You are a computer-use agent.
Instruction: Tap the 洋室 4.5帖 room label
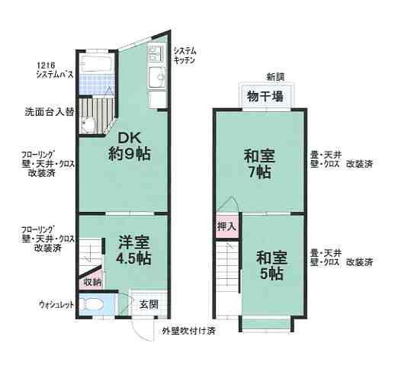click(133, 250)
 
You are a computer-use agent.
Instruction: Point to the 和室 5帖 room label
click(272, 264)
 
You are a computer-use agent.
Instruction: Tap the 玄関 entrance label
click(148, 305)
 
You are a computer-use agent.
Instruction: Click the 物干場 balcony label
click(262, 95)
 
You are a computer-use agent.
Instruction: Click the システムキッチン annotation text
click(185, 54)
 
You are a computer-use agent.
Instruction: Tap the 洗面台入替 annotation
click(48, 112)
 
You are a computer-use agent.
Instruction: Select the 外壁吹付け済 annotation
click(188, 332)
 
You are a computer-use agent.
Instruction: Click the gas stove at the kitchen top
click(156, 53)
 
